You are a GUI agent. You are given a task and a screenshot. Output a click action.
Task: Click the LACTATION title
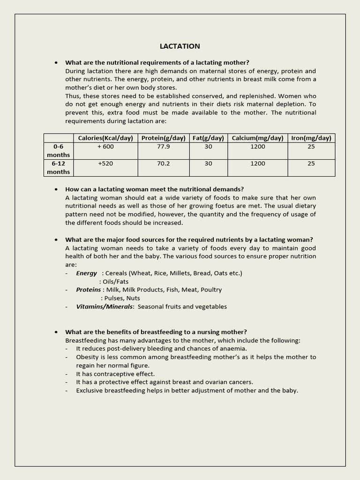pos(180,46)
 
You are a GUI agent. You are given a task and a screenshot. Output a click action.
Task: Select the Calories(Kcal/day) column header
pos(105,138)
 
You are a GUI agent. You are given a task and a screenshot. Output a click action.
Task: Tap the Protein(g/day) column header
pos(164,138)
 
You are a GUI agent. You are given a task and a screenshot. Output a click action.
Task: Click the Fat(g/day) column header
pos(208,138)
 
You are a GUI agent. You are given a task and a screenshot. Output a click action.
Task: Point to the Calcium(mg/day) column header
pos(257,138)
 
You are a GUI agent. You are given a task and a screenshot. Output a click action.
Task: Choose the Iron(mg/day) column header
pos(311,138)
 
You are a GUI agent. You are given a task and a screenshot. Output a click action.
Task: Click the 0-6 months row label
pos(59,150)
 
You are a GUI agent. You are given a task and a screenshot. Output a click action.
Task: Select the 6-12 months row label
pos(59,167)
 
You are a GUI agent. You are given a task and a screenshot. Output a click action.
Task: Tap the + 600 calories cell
pos(105,147)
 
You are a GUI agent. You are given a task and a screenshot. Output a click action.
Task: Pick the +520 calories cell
pos(105,164)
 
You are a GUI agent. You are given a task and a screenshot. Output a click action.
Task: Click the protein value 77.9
pos(164,147)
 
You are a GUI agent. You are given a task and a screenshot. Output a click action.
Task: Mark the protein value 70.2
pos(164,164)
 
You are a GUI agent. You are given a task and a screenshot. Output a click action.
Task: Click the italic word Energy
pos(87,273)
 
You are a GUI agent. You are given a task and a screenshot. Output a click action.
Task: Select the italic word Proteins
pos(89,290)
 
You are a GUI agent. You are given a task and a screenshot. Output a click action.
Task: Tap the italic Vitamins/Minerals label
pos(105,307)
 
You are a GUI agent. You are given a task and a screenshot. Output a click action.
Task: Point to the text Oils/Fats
pos(115,282)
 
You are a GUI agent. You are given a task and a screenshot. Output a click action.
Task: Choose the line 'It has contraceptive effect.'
pos(115,374)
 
